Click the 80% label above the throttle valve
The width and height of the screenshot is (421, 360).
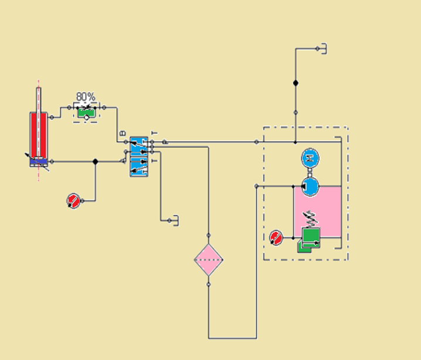pyautogui.click(x=86, y=97)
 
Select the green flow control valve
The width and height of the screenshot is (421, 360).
pyautogui.click(x=87, y=111)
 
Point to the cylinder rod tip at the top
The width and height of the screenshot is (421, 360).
pyautogui.click(x=39, y=90)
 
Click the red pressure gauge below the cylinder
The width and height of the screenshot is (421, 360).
pyautogui.click(x=73, y=201)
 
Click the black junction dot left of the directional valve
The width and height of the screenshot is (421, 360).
pyautogui.click(x=96, y=161)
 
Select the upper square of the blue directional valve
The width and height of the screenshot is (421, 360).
pyautogui.click(x=139, y=142)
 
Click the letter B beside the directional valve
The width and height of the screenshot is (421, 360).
pyautogui.click(x=123, y=134)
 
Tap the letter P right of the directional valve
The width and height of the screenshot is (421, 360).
pyautogui.click(x=165, y=142)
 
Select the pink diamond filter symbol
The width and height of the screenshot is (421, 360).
pyautogui.click(x=209, y=260)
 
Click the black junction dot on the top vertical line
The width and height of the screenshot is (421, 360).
pyautogui.click(x=296, y=83)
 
